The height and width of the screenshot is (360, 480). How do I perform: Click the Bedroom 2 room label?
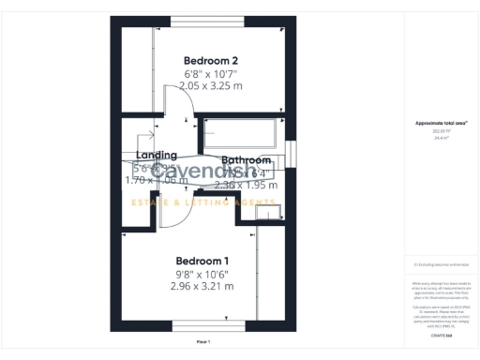click(203, 59)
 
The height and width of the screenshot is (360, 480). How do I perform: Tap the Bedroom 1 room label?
click(202, 260)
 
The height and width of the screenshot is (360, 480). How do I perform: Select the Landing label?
click(156, 156)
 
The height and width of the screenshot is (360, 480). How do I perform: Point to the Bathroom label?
click(246, 160)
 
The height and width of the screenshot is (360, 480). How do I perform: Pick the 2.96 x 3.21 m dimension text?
click(202, 286)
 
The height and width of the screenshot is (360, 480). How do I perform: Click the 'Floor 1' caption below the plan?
click(202, 341)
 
